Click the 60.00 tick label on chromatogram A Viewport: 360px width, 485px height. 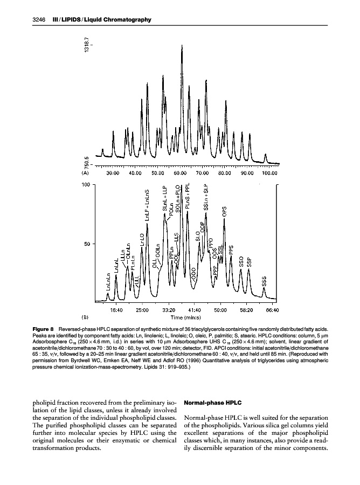pyautogui.click(x=179, y=173)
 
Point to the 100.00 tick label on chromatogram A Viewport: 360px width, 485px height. pyautogui.click(x=269, y=173)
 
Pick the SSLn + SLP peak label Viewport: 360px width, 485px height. pyautogui.click(x=205, y=199)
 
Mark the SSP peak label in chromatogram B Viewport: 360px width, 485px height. pyautogui.click(x=249, y=261)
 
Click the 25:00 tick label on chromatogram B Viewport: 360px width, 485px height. pyautogui.click(x=142, y=310)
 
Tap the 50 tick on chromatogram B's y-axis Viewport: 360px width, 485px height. pyautogui.click(x=86, y=244)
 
